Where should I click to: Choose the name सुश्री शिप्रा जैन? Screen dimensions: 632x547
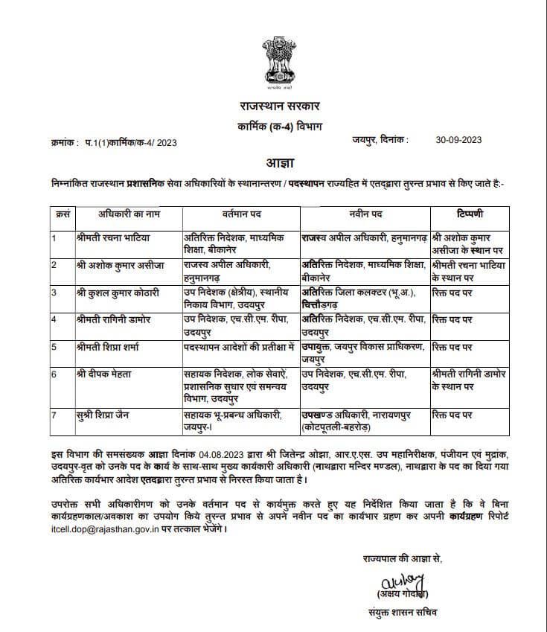pos(103,415)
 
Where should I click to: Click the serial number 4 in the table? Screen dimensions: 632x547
pos(54,319)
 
